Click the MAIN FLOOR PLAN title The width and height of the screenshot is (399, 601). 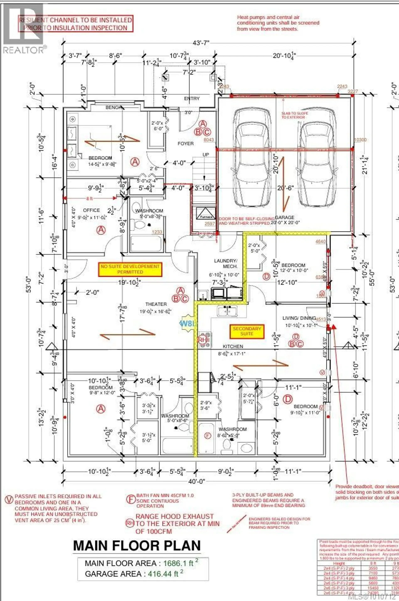coord(137,545)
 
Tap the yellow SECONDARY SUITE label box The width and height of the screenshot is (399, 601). coord(247,331)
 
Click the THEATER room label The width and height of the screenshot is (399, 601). coord(156,304)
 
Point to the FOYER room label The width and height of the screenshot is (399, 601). coord(186,144)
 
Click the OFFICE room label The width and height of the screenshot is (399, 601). coord(91,210)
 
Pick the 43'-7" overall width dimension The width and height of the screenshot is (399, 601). coord(201,43)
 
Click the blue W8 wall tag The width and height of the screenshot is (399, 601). coord(188,323)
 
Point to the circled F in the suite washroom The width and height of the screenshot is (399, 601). coord(208,436)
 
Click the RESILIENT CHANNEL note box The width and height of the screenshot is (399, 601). coord(76,24)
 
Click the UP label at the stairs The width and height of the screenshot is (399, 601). coord(206,155)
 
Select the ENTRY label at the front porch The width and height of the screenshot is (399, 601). coord(192,99)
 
